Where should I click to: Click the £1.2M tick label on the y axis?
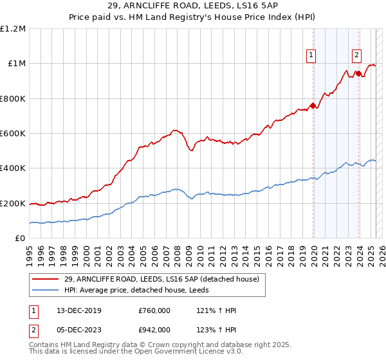[x=14, y=29]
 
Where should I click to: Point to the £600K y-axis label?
[x=14, y=134]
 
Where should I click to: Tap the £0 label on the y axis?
[x=21, y=239]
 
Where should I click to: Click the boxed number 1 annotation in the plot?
[x=311, y=56]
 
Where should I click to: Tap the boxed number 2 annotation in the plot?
[x=356, y=56]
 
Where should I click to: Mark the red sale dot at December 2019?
[x=313, y=106]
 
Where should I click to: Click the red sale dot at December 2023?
[x=358, y=74]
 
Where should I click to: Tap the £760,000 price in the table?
[x=154, y=310]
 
